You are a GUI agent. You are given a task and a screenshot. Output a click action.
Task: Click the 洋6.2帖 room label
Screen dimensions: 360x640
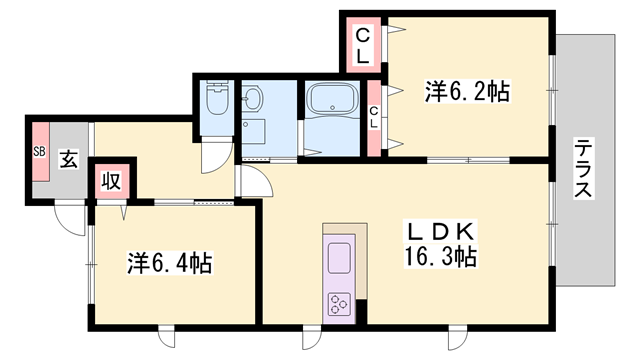(x=468, y=92)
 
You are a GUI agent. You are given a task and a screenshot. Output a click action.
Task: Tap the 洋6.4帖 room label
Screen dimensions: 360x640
(x=169, y=265)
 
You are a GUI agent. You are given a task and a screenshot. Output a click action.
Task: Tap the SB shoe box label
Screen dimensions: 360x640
(x=40, y=152)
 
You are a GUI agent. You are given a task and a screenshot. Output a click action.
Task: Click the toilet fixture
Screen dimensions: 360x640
(x=216, y=101)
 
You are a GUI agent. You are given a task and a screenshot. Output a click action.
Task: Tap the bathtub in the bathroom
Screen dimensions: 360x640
(x=334, y=101)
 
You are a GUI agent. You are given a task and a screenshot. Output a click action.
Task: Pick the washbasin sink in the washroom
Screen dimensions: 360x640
(x=252, y=99)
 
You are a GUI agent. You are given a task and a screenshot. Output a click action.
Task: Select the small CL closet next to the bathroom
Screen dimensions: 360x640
(x=374, y=118)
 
